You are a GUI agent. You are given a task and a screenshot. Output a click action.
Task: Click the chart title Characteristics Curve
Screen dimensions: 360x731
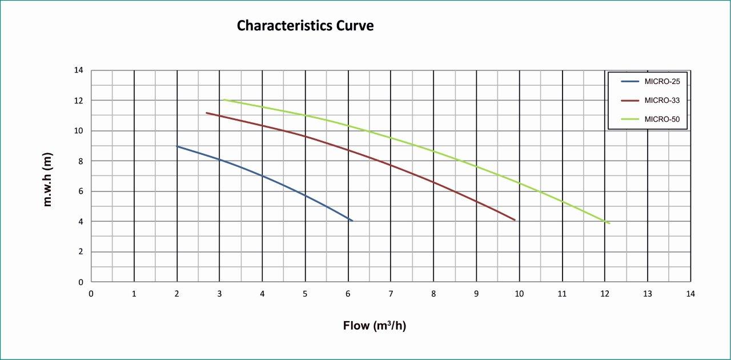(305, 26)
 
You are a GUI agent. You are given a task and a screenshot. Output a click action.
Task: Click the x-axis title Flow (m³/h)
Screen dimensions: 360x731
(374, 326)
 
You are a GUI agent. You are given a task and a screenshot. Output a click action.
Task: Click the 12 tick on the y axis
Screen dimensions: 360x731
(78, 101)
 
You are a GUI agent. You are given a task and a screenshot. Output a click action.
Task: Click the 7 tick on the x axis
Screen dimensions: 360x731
(391, 294)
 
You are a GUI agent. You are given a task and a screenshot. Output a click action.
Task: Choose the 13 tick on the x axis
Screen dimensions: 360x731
(647, 294)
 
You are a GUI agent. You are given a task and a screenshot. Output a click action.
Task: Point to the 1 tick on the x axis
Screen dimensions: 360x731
(134, 294)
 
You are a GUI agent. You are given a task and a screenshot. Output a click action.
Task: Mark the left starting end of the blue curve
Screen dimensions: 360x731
(178, 146)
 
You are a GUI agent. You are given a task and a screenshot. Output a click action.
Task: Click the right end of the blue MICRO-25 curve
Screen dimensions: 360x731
(352, 221)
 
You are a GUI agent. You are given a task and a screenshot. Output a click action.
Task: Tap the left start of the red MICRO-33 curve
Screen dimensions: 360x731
(207, 113)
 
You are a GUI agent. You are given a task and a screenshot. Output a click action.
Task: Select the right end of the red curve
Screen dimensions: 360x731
(515, 220)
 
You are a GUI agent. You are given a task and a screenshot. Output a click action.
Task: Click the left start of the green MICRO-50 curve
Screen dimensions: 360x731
(224, 99)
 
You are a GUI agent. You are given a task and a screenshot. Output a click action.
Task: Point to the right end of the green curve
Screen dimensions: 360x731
(609, 223)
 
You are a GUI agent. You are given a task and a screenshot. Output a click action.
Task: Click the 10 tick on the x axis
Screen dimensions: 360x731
(519, 294)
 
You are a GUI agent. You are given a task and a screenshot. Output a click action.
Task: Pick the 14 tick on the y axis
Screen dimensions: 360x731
(78, 70)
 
